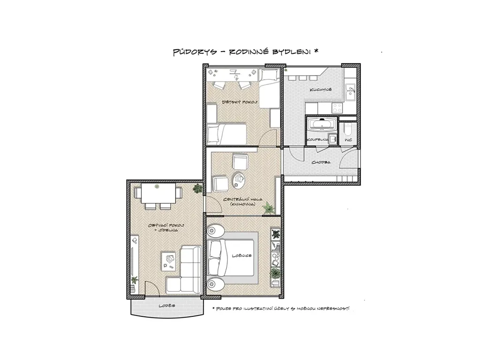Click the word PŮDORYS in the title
tap(195, 52)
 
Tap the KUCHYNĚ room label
tap(321, 90)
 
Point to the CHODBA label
tap(321, 162)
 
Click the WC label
tap(348, 140)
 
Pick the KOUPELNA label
tap(317, 140)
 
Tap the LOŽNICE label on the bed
tap(241, 255)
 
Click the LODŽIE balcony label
tap(167, 306)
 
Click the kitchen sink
tap(350, 92)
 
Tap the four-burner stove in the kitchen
tap(337, 108)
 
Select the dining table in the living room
tap(158, 193)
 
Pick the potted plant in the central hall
tap(269, 208)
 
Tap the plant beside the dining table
tap(197, 188)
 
